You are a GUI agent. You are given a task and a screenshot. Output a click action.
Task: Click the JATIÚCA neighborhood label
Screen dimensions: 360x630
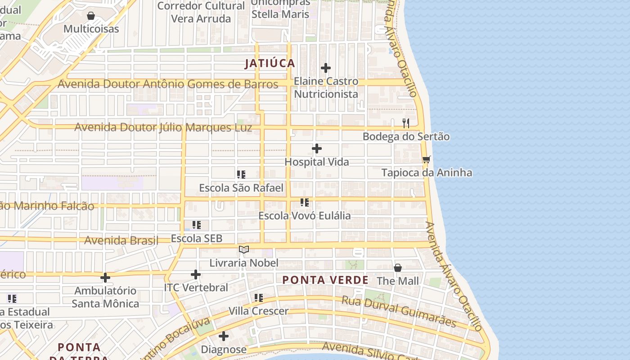(x=270, y=63)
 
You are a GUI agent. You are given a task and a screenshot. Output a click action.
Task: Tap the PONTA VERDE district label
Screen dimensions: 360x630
(x=325, y=280)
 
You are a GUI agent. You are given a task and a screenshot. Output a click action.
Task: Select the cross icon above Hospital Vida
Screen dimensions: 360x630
(x=317, y=148)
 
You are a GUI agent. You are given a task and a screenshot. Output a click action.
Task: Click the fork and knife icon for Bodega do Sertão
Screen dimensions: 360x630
(x=406, y=123)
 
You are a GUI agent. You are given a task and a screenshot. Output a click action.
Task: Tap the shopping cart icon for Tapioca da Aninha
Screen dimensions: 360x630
(x=427, y=159)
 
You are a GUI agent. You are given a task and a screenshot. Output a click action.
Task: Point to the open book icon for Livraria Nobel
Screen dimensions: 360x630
(x=244, y=249)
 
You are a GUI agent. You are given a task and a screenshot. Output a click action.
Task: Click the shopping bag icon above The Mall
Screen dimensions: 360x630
(x=398, y=268)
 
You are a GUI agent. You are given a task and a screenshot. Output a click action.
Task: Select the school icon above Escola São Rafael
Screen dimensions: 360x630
(x=241, y=174)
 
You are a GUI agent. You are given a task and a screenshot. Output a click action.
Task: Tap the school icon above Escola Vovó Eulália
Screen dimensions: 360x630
(x=305, y=202)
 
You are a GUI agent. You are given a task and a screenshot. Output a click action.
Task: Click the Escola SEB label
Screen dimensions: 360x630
(x=197, y=238)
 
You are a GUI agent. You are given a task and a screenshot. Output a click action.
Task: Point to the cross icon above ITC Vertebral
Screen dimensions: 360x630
(x=196, y=274)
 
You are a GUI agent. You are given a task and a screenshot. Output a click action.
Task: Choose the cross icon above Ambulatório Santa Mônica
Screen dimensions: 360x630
(x=105, y=278)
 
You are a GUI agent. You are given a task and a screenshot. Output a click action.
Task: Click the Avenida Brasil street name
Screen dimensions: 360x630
(x=121, y=240)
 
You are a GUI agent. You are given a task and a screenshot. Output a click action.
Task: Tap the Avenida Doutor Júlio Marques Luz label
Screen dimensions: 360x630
(x=163, y=127)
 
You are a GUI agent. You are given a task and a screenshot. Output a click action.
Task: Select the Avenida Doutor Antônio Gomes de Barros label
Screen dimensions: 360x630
(x=168, y=84)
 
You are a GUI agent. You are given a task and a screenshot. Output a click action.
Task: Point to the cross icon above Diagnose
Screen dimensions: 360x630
(x=224, y=336)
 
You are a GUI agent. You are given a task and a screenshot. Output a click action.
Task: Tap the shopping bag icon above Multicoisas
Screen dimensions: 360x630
(x=91, y=16)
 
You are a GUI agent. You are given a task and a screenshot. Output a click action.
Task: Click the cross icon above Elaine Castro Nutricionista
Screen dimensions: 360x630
(x=326, y=68)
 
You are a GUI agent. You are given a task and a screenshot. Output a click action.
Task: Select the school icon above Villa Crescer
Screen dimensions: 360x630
(x=259, y=297)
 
